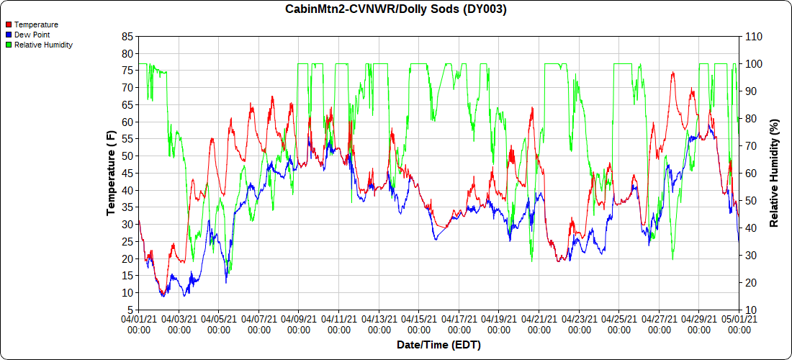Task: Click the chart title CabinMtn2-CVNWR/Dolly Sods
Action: click(396, 9)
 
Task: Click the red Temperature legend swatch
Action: click(9, 24)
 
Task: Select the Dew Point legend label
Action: click(32, 35)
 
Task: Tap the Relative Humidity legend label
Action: click(43, 45)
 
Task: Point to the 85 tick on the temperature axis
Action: click(127, 36)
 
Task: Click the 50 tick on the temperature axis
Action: click(127, 156)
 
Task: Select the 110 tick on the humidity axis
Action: click(752, 36)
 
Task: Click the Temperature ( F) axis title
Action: click(111, 173)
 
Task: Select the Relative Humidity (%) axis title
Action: click(775, 173)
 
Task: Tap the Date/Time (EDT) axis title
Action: click(438, 345)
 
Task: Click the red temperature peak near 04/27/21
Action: click(672, 73)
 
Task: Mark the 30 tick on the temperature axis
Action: click(127, 224)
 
